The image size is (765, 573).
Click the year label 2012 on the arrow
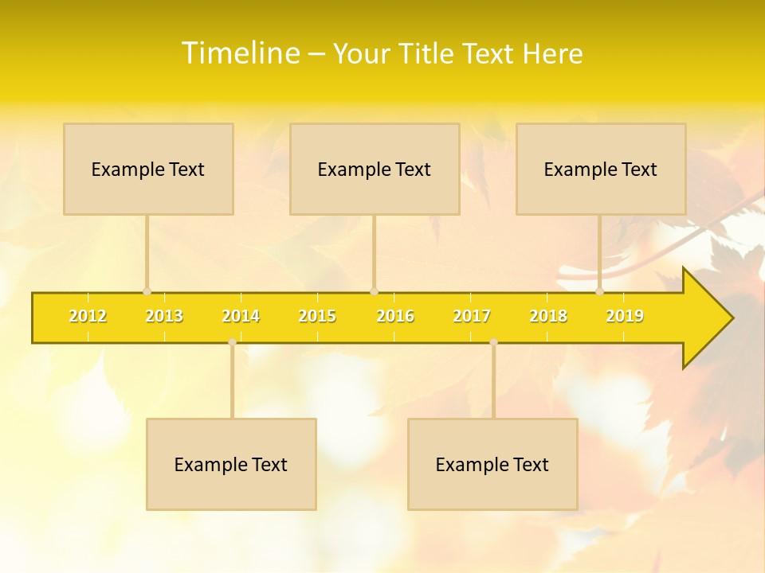pyautogui.click(x=88, y=317)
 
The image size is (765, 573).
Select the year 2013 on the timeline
pyautogui.click(x=164, y=317)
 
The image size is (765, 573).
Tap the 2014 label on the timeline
pyautogui.click(x=241, y=317)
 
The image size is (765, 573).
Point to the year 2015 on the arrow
pyautogui.click(x=317, y=317)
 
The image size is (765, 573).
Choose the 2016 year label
pyautogui.click(x=395, y=317)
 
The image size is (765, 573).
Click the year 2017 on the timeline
pyautogui.click(x=472, y=317)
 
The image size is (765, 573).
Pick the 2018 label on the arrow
pyautogui.click(x=548, y=317)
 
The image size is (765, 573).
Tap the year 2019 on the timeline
pyautogui.click(x=625, y=317)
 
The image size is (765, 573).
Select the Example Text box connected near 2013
pyautogui.click(x=148, y=169)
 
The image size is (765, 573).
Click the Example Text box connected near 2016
pyautogui.click(x=375, y=169)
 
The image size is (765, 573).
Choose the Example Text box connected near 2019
pyautogui.click(x=601, y=169)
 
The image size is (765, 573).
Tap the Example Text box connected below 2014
pyautogui.click(x=231, y=464)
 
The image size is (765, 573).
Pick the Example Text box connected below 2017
pyautogui.click(x=492, y=464)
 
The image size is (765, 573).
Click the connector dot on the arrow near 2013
pyautogui.click(x=147, y=292)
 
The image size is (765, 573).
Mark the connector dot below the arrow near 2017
pyautogui.click(x=493, y=342)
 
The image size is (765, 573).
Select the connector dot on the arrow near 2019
pyautogui.click(x=599, y=292)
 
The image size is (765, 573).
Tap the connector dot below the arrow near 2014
pyautogui.click(x=232, y=342)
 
